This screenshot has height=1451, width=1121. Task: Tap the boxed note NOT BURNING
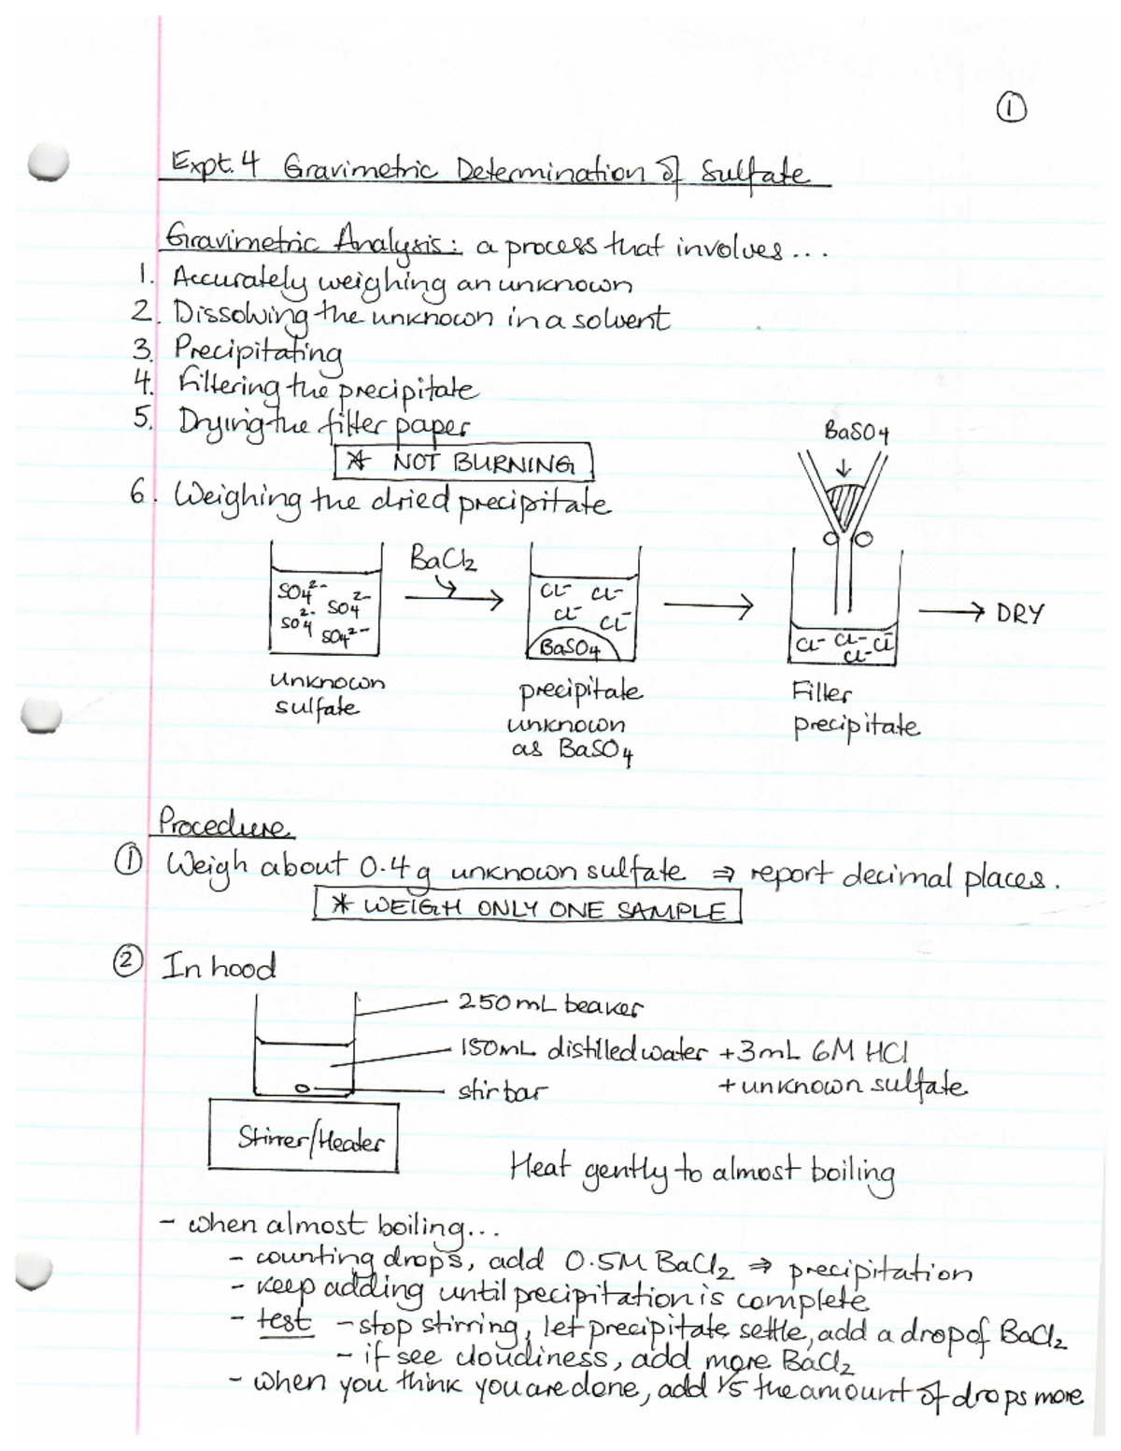[x=463, y=462]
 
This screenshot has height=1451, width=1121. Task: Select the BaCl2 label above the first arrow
[x=443, y=561]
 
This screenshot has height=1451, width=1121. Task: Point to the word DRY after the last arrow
[x=1019, y=614]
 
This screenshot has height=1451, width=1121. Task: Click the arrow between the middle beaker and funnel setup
[x=707, y=608]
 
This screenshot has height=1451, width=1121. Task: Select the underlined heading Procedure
[x=224, y=824]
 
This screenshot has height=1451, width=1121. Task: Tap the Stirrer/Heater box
[x=303, y=1137]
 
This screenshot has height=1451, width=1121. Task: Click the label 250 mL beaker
[x=549, y=1005]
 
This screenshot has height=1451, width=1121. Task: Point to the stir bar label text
[x=502, y=1090]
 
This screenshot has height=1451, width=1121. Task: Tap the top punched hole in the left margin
[x=47, y=164]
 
